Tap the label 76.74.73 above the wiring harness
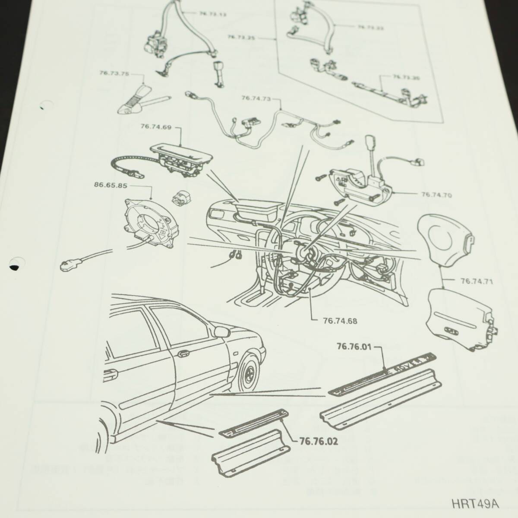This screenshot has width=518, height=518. pos(256,98)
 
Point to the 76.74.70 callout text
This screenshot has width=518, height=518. pos(436,195)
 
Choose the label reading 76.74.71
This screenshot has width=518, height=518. pos(477,281)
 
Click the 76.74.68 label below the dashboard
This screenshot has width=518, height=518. pos(340,321)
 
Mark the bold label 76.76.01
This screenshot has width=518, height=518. pos(354,346)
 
